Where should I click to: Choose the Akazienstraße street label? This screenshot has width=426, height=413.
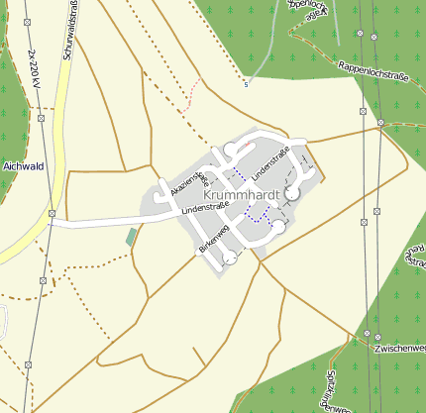click(x=188, y=180)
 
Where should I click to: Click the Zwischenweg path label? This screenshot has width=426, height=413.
click(x=401, y=349)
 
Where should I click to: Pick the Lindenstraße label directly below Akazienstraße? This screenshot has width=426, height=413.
click(x=205, y=209)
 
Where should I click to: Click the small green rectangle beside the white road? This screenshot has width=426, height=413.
click(x=131, y=237)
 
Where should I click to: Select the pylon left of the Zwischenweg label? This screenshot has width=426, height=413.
click(x=366, y=335)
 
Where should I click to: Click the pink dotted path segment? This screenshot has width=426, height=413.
click(x=194, y=93)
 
